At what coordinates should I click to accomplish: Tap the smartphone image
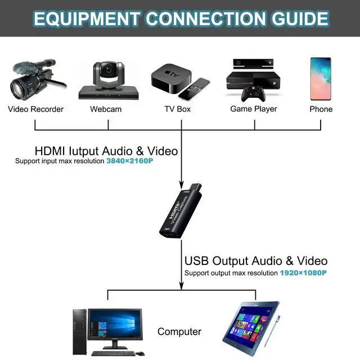320,78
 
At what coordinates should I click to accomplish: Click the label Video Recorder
35,109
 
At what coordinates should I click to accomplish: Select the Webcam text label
106,109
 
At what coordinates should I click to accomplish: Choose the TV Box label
177,109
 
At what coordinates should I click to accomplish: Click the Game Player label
254,109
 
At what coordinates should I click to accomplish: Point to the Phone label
321,109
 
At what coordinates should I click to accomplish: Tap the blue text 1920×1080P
303,273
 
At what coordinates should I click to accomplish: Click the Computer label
179,332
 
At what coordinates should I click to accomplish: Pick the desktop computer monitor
115,328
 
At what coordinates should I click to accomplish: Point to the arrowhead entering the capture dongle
181,183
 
